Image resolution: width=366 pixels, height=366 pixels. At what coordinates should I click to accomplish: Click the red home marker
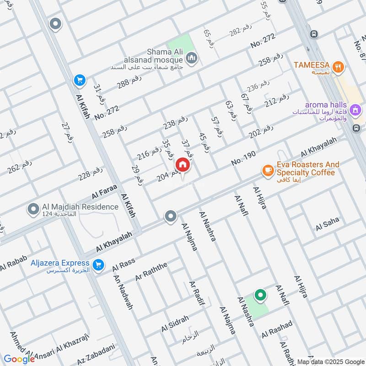182,165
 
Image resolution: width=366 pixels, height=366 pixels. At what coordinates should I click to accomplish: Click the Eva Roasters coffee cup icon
267,171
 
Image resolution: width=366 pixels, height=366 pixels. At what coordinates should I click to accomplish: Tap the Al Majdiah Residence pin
33,210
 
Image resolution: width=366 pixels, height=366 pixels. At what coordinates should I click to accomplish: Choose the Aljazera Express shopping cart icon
97,265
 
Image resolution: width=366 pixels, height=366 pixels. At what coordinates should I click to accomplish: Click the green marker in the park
260,295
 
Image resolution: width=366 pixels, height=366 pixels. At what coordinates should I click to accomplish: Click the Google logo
19,359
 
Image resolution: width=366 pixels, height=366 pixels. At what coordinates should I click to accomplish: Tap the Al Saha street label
327,224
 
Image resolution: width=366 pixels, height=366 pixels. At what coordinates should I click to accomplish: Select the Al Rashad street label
277,329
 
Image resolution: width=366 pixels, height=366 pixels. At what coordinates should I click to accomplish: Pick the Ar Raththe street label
151,272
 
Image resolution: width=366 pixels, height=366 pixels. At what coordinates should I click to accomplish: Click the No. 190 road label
243,158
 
